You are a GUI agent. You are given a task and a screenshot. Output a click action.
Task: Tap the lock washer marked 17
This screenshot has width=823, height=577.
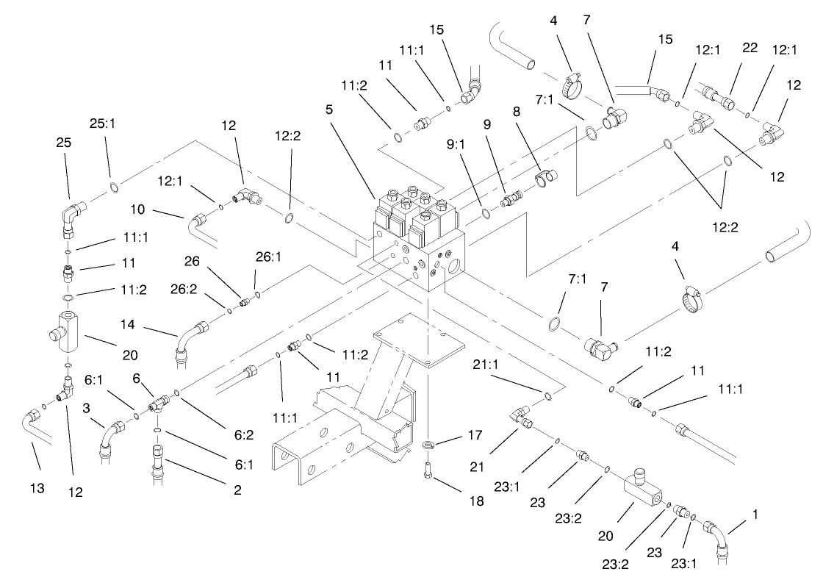tap(431, 445)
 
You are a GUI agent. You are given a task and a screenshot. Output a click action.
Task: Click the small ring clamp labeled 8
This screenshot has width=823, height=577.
tap(545, 177)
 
